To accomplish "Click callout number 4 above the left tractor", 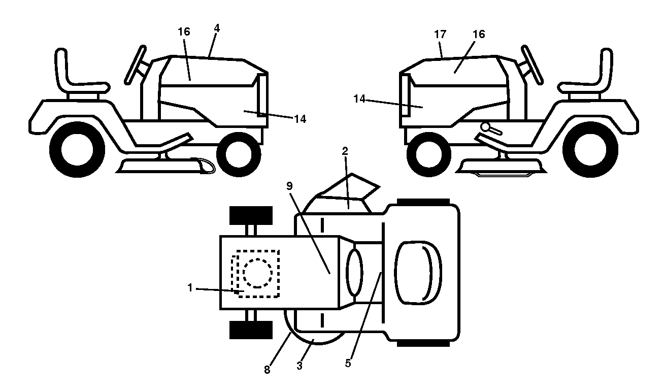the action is click(x=217, y=28).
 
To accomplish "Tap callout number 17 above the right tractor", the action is click(x=440, y=35).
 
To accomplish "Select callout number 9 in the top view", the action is click(x=289, y=186).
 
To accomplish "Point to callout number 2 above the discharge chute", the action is click(x=345, y=151).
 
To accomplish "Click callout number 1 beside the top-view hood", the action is click(x=190, y=288).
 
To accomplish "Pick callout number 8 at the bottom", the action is click(x=267, y=370).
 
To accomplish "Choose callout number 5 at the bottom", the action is click(x=348, y=363).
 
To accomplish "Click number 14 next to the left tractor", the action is click(x=300, y=119).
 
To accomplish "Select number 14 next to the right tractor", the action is click(x=359, y=99).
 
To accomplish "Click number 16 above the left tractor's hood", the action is click(x=184, y=31).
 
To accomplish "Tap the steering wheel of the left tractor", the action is click(x=136, y=65).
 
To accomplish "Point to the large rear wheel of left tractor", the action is click(x=77, y=150).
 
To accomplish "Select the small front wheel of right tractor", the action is click(x=428, y=154).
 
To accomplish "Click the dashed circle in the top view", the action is click(x=257, y=273).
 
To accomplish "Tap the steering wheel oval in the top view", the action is click(x=354, y=272).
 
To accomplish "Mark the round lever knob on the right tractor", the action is click(x=486, y=127).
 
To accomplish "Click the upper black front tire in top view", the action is click(x=251, y=216).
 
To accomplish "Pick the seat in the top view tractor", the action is click(x=418, y=273).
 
